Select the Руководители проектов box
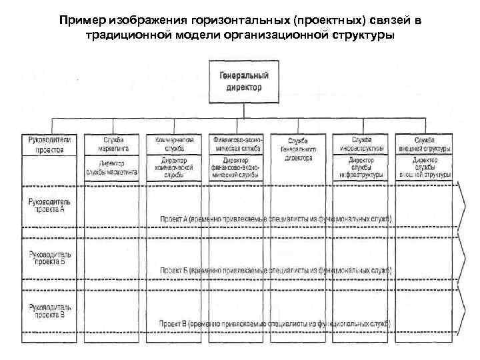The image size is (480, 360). (45, 145)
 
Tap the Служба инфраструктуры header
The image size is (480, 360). (361, 145)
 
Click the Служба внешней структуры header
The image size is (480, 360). (424, 145)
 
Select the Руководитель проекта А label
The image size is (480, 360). (46, 205)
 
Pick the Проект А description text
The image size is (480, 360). (275, 219)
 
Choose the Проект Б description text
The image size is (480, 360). (275, 271)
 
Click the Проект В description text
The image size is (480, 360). (275, 323)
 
